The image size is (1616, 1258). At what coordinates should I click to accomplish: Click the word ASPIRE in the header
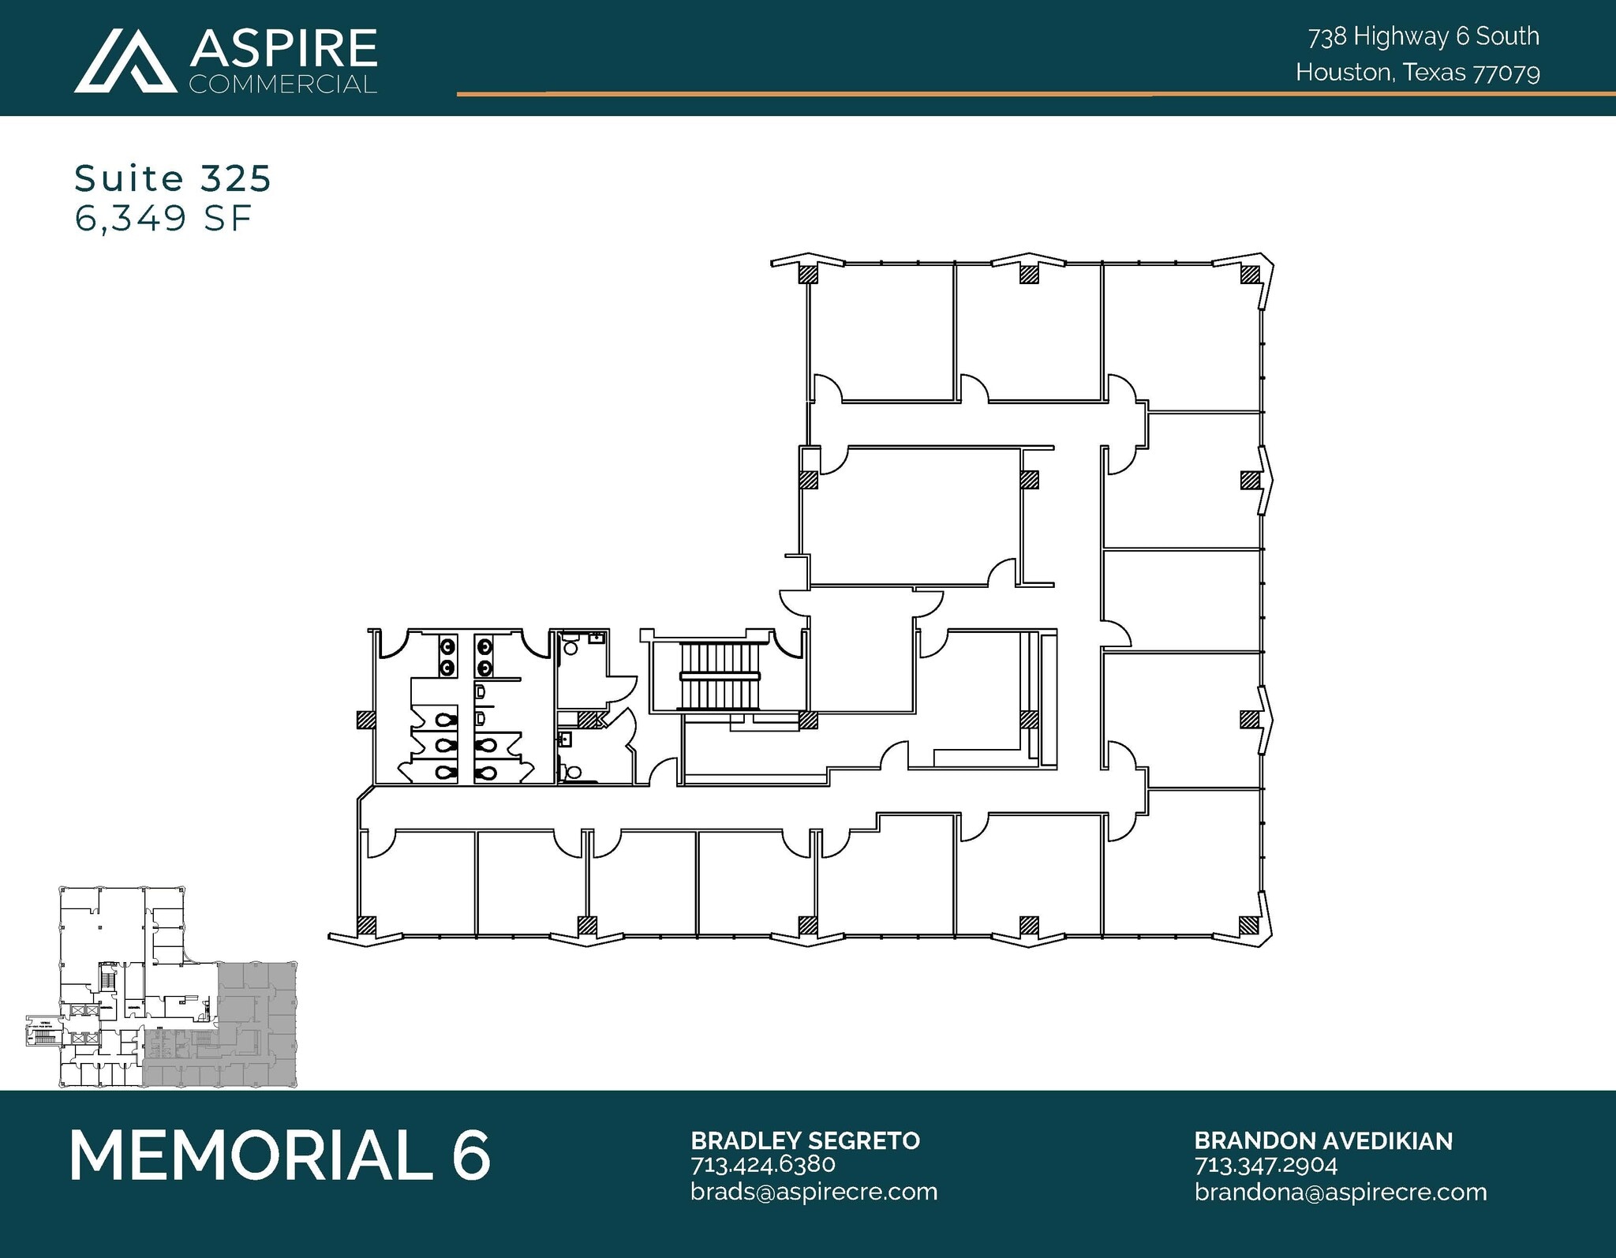pos(283,49)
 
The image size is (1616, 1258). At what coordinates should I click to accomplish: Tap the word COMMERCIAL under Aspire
pos(283,84)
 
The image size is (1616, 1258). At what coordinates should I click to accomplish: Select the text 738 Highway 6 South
pos(1423,36)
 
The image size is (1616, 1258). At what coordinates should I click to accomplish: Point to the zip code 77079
pos(1507,73)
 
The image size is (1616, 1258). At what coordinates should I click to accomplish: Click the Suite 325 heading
pos(173,179)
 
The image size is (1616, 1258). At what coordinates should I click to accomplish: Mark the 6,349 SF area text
pos(163,219)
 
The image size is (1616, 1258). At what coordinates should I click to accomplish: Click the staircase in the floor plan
pos(720,677)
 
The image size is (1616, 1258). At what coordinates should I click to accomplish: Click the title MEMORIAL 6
pos(280,1155)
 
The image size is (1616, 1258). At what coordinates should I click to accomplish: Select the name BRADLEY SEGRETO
pos(805,1140)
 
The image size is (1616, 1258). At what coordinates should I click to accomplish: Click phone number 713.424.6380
pos(762,1164)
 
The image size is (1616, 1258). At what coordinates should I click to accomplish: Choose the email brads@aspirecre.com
pos(814,1191)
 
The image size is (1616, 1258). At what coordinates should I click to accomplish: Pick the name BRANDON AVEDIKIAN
pos(1322,1140)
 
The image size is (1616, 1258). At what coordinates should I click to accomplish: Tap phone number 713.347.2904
pos(1266,1164)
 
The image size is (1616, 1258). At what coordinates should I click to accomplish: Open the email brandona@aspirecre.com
pos(1340,1191)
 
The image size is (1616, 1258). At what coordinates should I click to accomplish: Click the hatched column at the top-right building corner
pos(1249,275)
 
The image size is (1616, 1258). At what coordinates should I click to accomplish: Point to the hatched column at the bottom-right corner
pos(1249,925)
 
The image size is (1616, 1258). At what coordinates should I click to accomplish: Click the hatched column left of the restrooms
pos(365,720)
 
